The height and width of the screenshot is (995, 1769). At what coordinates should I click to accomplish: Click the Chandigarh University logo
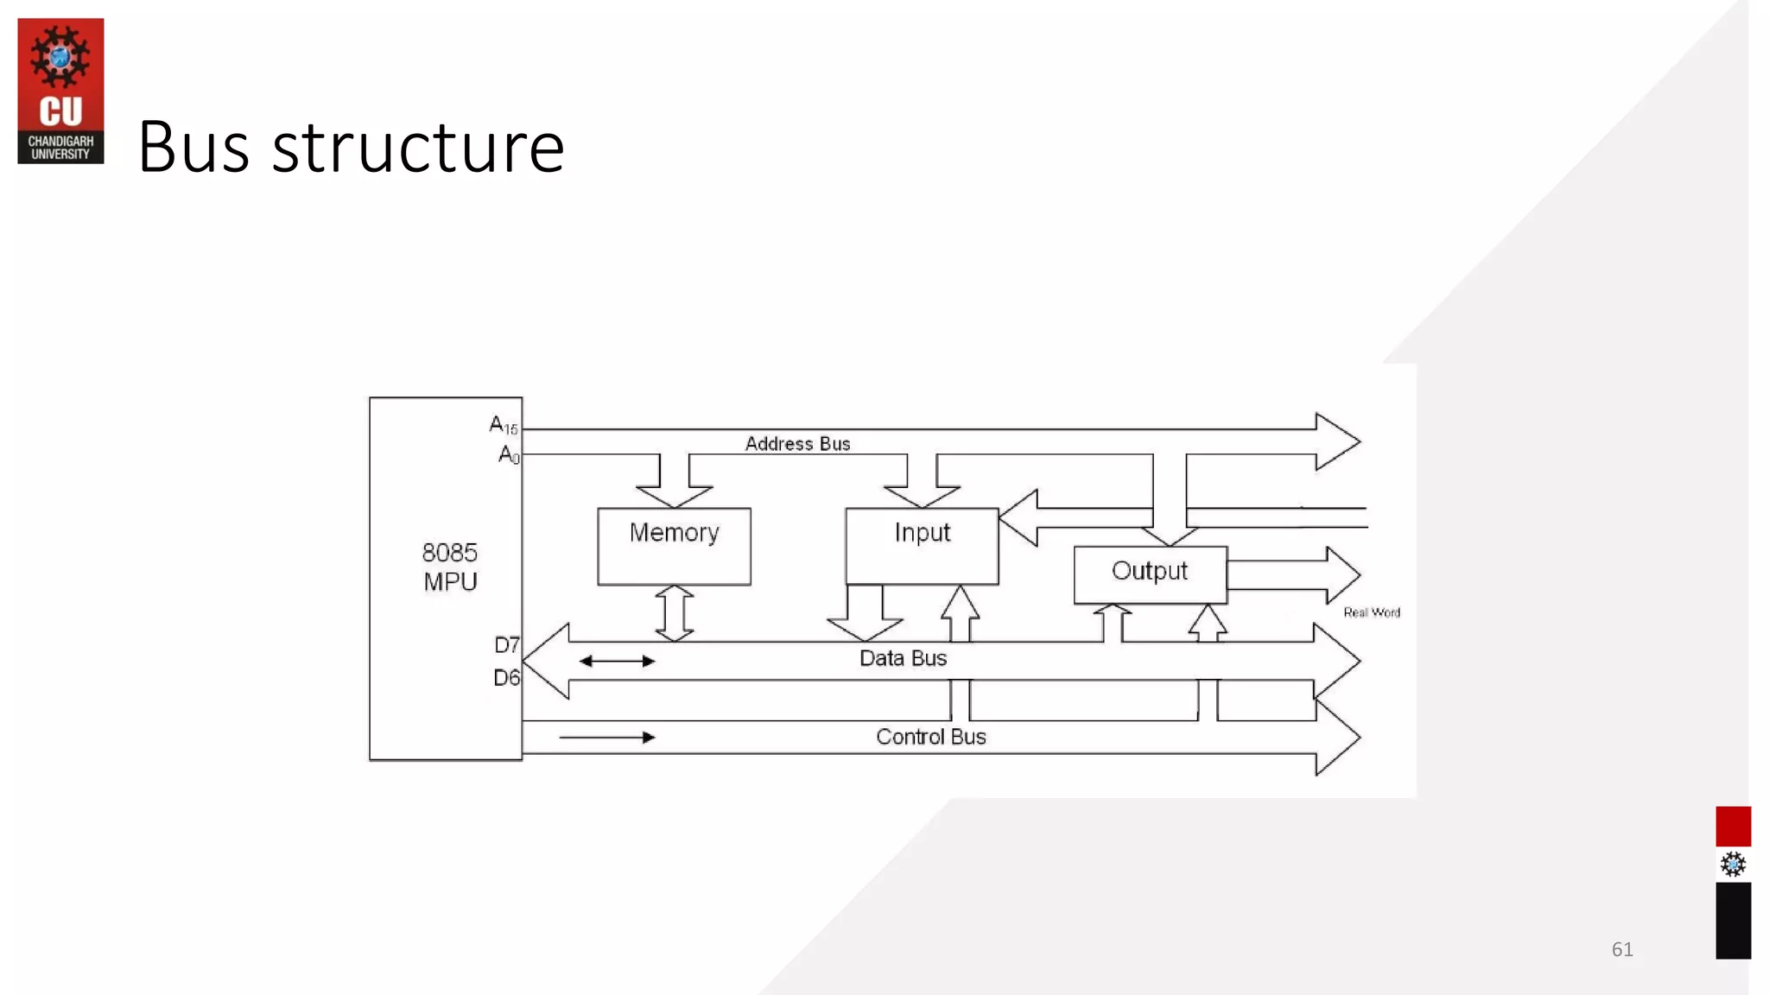click(x=60, y=91)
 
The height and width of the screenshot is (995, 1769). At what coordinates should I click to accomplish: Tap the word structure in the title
click(x=418, y=147)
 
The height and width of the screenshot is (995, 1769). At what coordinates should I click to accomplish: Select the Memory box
click(x=674, y=546)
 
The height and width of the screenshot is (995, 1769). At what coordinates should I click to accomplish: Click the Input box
click(x=922, y=546)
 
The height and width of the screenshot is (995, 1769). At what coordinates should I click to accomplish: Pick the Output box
click(x=1150, y=574)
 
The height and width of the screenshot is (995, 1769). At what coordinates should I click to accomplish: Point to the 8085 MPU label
click(x=449, y=567)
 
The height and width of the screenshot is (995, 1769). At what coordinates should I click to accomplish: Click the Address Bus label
click(x=797, y=444)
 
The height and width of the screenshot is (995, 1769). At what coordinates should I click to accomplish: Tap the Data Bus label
click(x=903, y=658)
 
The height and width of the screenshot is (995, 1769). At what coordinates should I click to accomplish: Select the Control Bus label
click(x=930, y=737)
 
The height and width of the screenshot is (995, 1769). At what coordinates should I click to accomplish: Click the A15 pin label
click(x=503, y=425)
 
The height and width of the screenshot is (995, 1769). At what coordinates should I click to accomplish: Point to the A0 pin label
click(x=509, y=454)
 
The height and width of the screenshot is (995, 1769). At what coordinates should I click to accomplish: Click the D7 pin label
click(x=507, y=645)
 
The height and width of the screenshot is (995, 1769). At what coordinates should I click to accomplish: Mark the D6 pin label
click(x=506, y=678)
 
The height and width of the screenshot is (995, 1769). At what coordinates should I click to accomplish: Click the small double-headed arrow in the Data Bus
click(x=617, y=662)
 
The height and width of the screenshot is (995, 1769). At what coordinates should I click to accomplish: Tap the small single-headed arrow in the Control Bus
click(x=607, y=738)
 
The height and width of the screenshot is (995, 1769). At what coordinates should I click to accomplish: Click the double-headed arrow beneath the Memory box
click(x=675, y=613)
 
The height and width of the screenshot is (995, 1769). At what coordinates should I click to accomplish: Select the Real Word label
click(x=1371, y=612)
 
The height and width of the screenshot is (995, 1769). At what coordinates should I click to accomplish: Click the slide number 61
click(x=1621, y=949)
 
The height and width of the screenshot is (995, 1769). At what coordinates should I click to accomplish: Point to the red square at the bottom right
click(x=1733, y=827)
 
